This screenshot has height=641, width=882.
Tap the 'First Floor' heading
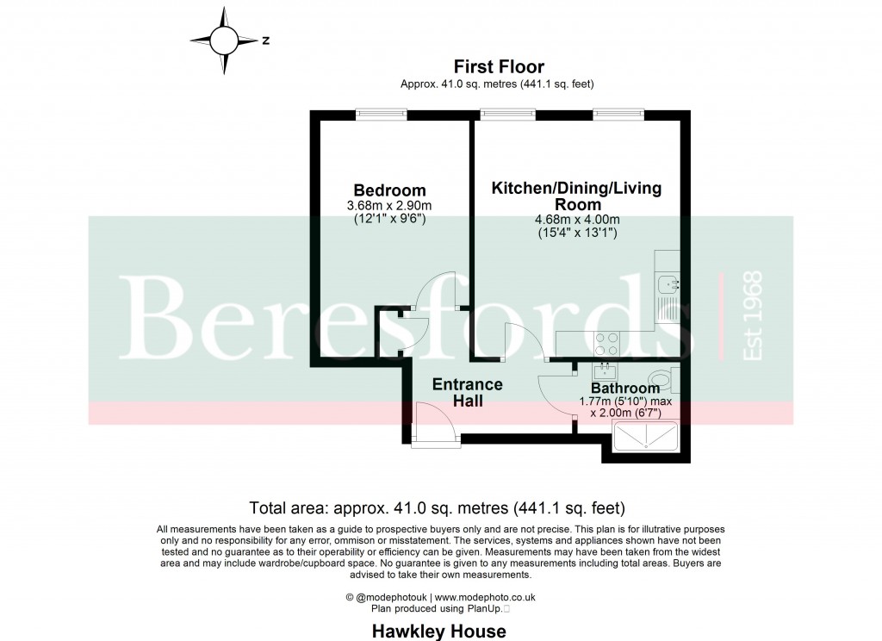point(498,66)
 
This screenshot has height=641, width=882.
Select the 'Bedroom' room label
point(389,190)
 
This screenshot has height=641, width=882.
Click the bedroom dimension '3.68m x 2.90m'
point(390,205)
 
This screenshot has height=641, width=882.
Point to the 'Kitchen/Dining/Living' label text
point(576,189)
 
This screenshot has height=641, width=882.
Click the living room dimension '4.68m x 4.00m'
point(576,220)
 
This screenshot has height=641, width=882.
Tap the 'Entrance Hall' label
point(468,392)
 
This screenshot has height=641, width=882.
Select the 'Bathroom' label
point(624,389)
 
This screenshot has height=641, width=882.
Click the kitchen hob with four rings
point(607,343)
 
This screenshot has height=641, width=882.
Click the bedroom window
point(382,113)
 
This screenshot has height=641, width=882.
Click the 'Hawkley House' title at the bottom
point(438,631)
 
